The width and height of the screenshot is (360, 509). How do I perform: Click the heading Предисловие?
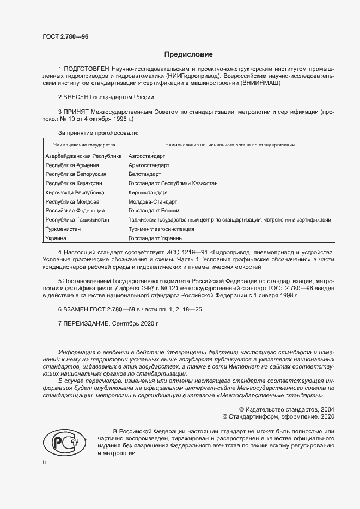click(188, 54)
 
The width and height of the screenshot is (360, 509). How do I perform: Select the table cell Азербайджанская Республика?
click(83, 156)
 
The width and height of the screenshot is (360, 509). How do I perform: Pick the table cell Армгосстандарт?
click(148, 165)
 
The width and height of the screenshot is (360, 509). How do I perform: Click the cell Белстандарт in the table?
click(144, 174)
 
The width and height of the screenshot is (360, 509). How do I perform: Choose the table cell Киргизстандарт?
click(148, 193)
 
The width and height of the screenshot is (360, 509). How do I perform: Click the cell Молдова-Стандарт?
click(150, 201)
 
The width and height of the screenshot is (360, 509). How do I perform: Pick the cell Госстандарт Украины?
click(155, 238)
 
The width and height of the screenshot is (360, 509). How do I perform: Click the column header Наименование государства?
click(84, 145)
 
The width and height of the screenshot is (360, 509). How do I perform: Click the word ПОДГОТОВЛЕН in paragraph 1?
click(87, 70)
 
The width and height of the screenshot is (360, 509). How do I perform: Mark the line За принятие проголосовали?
click(98, 133)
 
